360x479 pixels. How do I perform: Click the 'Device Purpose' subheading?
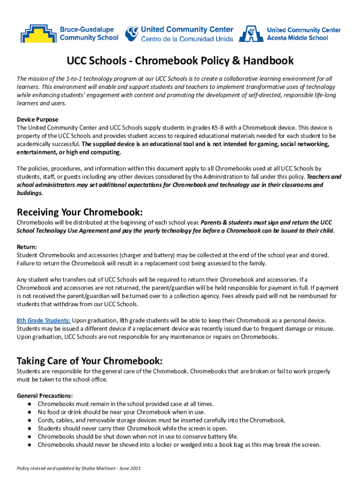pos(37,119)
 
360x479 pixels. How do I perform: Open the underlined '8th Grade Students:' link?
pos(43,320)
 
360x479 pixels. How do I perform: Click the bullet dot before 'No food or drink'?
pos(29,412)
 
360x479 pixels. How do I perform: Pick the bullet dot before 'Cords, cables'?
pos(29,420)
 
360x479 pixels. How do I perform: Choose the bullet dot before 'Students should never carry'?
pos(29,428)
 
